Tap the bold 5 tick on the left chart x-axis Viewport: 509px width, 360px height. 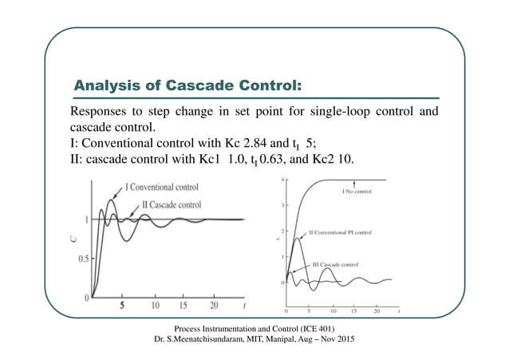[122, 305]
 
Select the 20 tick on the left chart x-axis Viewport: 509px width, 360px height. [214, 305]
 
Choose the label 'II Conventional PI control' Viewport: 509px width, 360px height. [344, 233]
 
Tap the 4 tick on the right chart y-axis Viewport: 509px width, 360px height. [282, 180]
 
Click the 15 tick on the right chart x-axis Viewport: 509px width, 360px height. [353, 311]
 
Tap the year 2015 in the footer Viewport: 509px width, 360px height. [345, 341]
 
